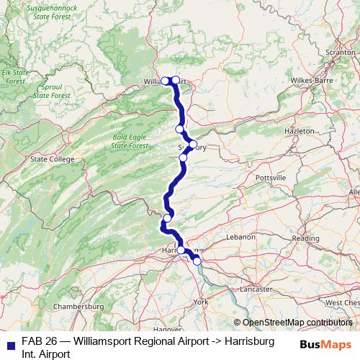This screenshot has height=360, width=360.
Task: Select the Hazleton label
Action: (x=300, y=132)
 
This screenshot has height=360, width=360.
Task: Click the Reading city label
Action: (x=305, y=238)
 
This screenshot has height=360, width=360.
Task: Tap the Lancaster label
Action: (x=256, y=289)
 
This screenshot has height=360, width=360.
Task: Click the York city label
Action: (x=201, y=302)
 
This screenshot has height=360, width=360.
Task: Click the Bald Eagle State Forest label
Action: (x=130, y=141)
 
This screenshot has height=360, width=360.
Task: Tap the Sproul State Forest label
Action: (x=52, y=91)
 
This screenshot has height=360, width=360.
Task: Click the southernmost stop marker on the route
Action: (x=197, y=261)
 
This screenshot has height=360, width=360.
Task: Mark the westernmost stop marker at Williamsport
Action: (x=165, y=80)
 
